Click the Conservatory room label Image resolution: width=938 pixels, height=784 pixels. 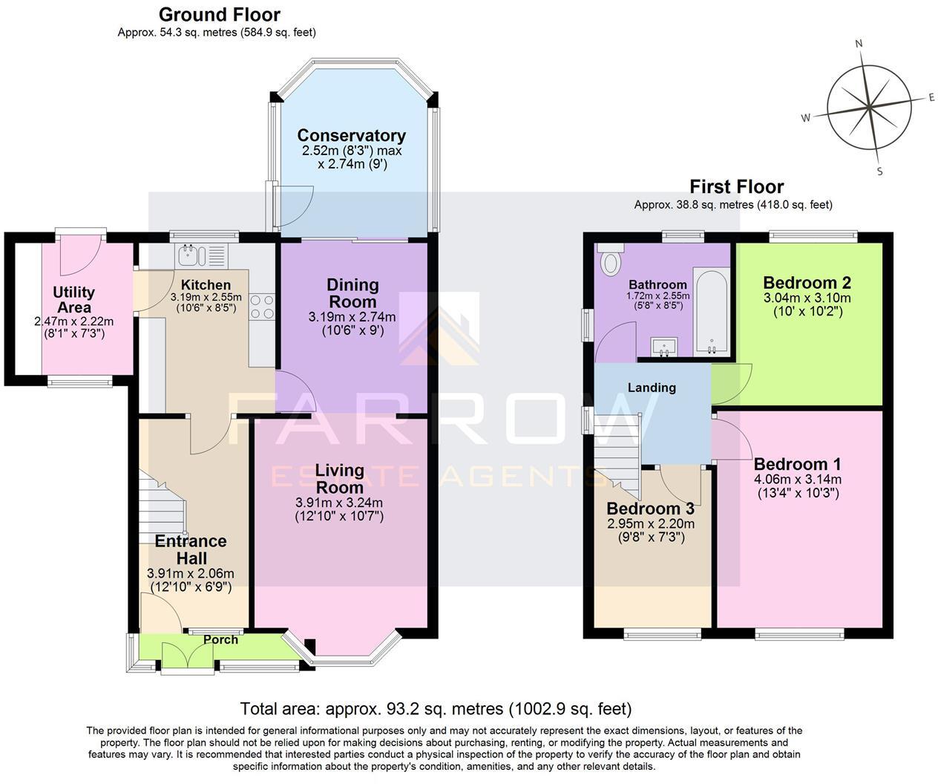point(351,135)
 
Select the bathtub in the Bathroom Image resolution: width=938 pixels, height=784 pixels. point(712,310)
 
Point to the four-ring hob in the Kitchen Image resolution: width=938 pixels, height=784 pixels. point(262,307)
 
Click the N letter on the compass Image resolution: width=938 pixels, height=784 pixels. point(859,44)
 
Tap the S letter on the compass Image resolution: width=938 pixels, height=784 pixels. point(879,171)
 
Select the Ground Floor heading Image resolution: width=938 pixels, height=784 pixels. point(219,15)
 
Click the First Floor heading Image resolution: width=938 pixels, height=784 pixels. point(737,186)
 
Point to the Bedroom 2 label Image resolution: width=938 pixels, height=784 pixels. point(807,283)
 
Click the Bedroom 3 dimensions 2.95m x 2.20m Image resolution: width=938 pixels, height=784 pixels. point(651,523)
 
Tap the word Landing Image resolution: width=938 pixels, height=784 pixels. point(652,388)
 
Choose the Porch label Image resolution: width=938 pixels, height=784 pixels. point(220,639)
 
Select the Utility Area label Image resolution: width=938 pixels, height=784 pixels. point(74,300)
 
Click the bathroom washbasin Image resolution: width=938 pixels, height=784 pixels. point(664,347)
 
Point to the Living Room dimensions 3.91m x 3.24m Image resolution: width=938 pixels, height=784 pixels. point(339,503)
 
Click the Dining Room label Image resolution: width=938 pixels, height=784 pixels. point(352,293)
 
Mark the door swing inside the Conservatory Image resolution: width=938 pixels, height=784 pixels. point(295,206)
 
